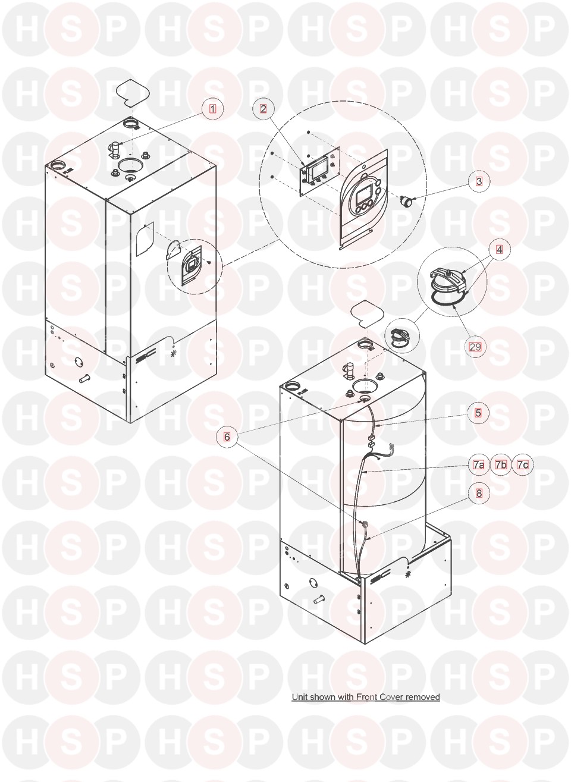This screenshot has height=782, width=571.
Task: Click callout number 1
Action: [x=213, y=109]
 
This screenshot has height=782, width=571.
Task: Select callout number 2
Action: [x=263, y=109]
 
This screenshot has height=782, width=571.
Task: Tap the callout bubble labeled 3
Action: [x=479, y=181]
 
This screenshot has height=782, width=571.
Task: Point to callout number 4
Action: [x=500, y=250]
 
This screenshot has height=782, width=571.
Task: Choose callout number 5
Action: [x=478, y=413]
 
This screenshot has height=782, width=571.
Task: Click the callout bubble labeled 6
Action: [x=227, y=436]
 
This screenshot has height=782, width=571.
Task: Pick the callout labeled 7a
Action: [x=479, y=464]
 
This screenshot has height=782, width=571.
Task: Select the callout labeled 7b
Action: [x=501, y=464]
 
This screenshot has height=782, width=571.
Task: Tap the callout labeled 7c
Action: [x=523, y=464]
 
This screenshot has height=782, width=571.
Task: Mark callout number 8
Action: [x=479, y=494]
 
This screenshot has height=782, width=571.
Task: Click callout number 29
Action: [x=475, y=347]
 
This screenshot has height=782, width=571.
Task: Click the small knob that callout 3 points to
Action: [x=405, y=201]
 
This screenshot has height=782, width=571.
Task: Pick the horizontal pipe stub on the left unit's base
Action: [x=84, y=378]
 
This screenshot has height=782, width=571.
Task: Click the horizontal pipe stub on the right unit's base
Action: [x=319, y=600]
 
